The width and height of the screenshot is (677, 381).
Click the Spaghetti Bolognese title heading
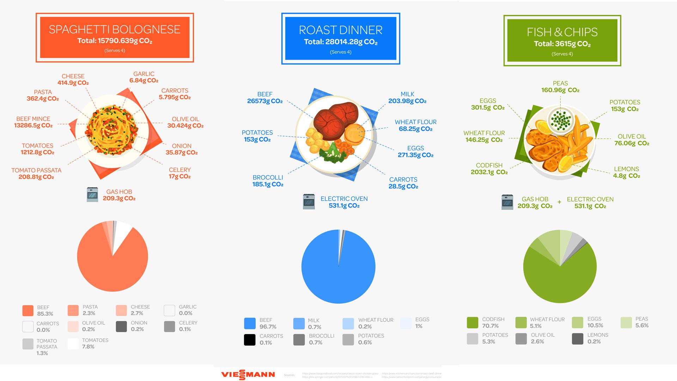[x=115, y=29]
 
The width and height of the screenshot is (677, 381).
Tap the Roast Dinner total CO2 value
[x=341, y=42]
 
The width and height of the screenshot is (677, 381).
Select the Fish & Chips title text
[x=562, y=32]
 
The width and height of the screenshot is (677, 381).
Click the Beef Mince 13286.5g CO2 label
[x=33, y=122]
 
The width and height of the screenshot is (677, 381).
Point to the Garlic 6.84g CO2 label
[x=144, y=77]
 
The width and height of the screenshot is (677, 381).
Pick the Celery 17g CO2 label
[x=179, y=173]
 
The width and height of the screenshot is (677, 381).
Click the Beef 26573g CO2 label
[x=265, y=97]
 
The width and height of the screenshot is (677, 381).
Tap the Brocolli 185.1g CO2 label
[x=268, y=181]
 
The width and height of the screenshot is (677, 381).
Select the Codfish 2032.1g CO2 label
[x=489, y=169]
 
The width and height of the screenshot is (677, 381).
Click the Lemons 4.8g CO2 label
[x=626, y=172]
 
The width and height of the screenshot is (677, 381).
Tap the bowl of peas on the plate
[x=560, y=119]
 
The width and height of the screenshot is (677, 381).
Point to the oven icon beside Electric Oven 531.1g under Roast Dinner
[x=309, y=202]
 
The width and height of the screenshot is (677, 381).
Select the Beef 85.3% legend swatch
[x=28, y=310]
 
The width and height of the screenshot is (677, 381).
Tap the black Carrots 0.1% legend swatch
[x=250, y=339]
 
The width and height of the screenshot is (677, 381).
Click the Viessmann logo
[x=248, y=374]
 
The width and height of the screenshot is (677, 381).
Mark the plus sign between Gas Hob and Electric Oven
[x=559, y=202]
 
